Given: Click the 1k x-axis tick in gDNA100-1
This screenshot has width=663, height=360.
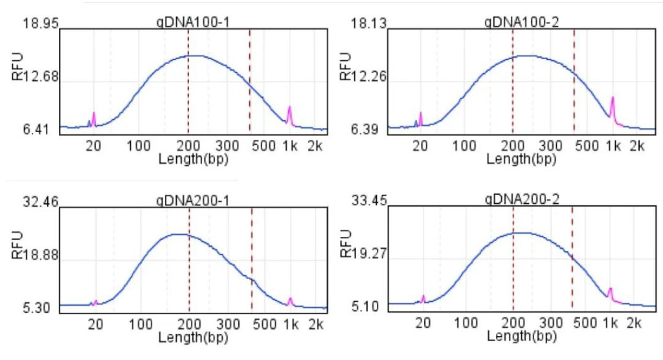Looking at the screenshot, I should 289,144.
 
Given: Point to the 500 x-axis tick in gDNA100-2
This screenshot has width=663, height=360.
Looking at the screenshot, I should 587,144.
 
